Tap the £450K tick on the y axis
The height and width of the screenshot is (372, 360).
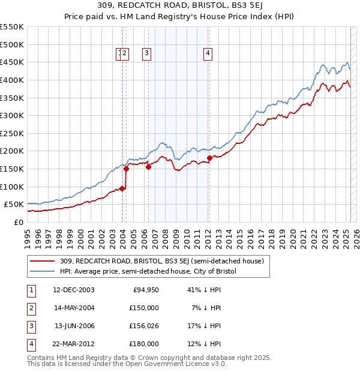coord(11,62)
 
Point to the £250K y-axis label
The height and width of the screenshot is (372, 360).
coord(11,133)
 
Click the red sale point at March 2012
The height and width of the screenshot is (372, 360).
coord(209,158)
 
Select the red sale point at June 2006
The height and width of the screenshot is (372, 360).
coord(148,167)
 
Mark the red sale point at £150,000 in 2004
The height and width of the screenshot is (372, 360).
coord(127,169)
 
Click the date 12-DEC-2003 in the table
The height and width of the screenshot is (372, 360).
coord(73,290)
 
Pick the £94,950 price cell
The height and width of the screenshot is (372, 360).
coord(144,290)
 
